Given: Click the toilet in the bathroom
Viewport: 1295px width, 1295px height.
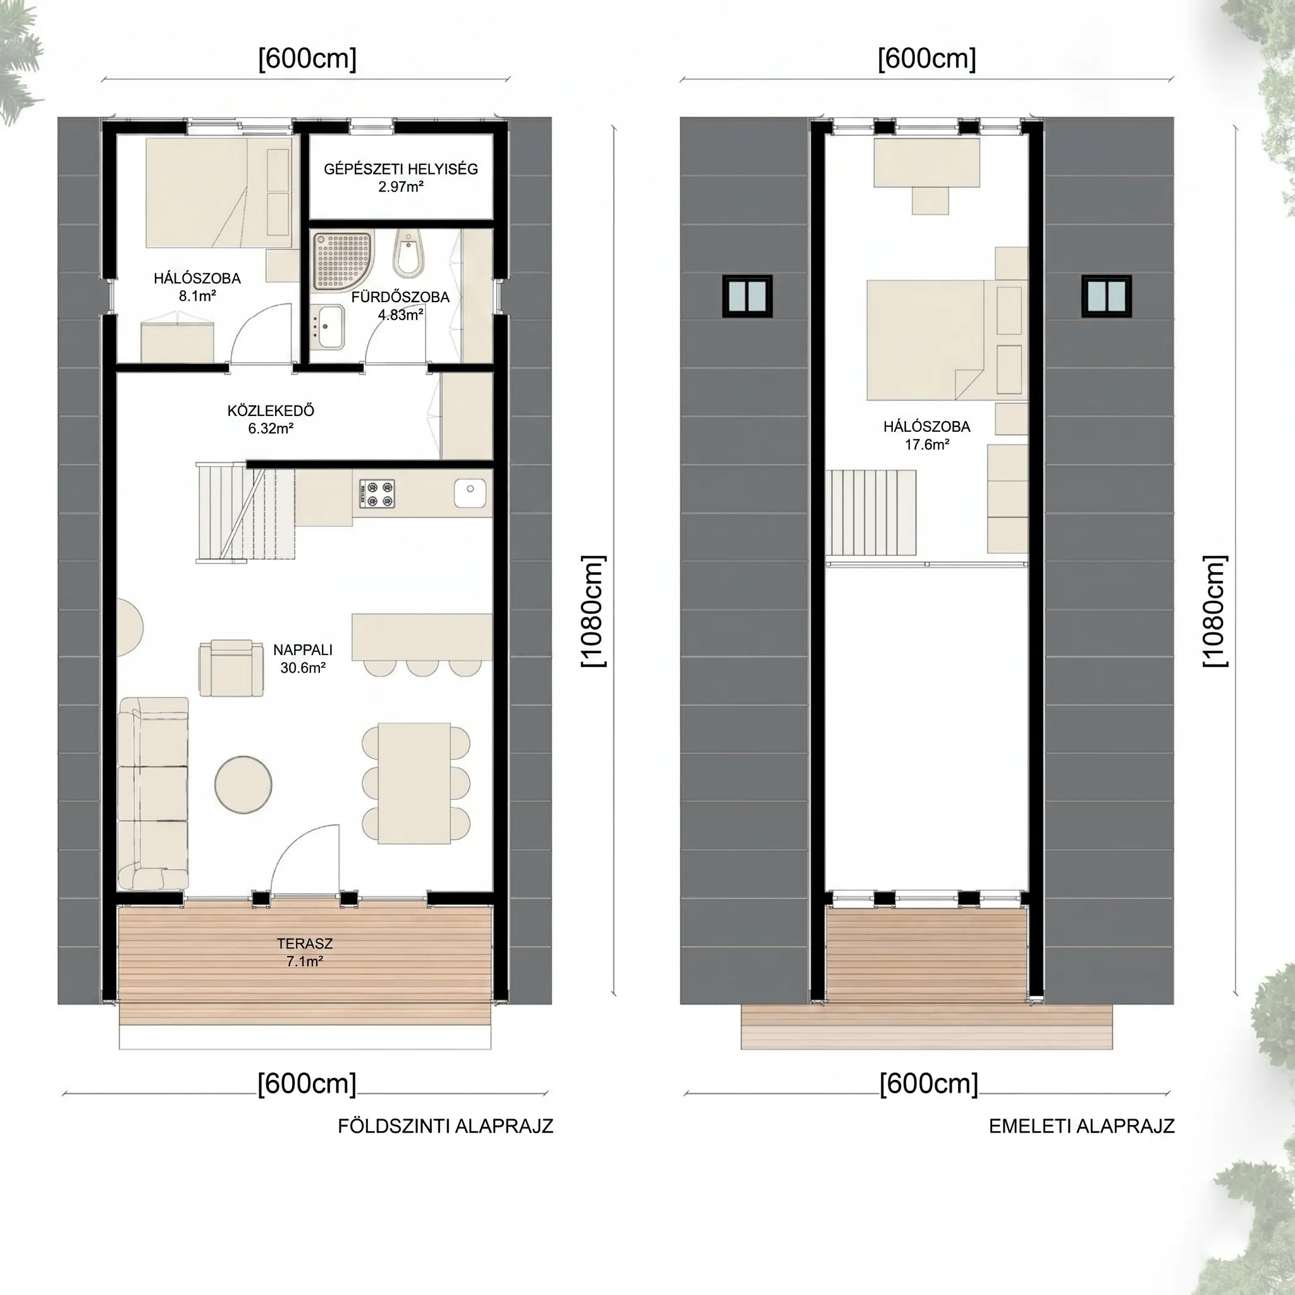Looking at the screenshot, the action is (x=408, y=254).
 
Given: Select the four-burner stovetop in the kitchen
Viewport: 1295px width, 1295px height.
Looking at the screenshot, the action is (x=377, y=493).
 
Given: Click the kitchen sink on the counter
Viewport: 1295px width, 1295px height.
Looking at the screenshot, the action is (x=470, y=493).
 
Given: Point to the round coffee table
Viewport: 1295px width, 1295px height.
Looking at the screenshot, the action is (x=243, y=785).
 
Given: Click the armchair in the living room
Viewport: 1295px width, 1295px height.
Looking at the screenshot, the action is (x=231, y=668).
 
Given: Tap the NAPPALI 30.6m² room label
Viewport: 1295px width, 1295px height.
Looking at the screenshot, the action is (x=303, y=658).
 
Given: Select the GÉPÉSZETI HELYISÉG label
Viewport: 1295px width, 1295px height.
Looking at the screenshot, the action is (x=401, y=169).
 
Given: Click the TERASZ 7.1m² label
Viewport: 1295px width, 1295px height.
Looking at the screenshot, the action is (x=305, y=952).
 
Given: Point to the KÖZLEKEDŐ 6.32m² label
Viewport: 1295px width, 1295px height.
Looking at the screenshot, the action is (x=271, y=419).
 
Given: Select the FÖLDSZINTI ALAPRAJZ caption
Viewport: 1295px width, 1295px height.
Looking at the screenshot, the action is (x=446, y=1126).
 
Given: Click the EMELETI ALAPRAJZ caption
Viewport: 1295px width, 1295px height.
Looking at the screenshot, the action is (x=1082, y=1126).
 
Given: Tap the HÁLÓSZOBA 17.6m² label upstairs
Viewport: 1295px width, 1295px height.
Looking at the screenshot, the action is (x=927, y=435).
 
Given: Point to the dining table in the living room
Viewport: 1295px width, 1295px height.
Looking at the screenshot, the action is (x=414, y=783).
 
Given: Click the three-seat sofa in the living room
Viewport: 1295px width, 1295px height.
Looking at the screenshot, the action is (x=153, y=794).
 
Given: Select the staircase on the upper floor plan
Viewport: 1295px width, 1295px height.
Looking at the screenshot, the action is (x=871, y=512).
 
